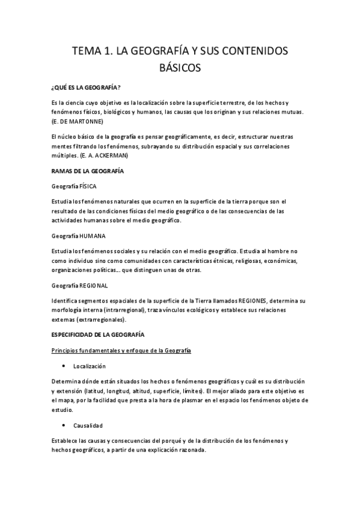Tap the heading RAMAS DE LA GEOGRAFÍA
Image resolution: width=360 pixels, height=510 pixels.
(88, 171)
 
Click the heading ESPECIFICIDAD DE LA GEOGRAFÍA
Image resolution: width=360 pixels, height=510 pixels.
(99, 334)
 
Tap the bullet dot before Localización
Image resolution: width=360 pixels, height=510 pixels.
(63, 366)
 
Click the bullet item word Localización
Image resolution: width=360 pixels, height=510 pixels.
(90, 366)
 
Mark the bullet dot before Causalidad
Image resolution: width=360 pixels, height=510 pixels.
(63, 425)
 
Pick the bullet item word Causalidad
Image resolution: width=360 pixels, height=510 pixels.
(88, 425)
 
